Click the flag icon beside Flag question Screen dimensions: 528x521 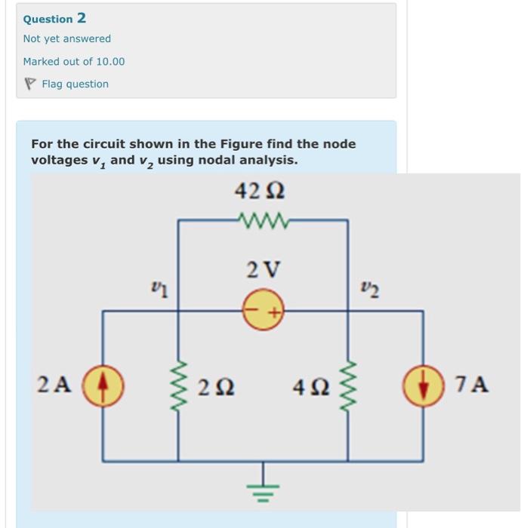coord(30,84)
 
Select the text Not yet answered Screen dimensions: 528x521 coord(66,38)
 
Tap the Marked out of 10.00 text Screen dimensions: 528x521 coord(73,61)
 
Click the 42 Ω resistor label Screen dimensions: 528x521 coord(260,192)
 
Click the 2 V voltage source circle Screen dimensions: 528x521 coord(263,310)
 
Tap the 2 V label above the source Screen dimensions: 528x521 coord(263,269)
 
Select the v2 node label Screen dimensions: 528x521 coord(366,290)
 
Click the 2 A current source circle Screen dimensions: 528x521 coord(103,385)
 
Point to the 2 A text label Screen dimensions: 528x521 coord(54,385)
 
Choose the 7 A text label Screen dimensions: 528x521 coord(473,385)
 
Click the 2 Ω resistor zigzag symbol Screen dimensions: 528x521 coord(179,385)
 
